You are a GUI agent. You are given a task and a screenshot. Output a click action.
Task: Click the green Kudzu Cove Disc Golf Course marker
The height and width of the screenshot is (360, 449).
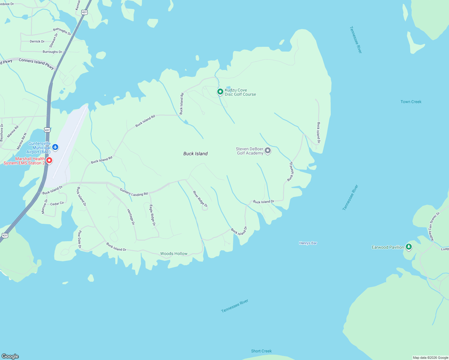click(x=220, y=91)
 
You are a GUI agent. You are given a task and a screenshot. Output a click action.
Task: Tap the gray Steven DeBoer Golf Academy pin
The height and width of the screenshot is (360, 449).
click(x=268, y=150)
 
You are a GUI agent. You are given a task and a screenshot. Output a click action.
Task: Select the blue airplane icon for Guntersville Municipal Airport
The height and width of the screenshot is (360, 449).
click(x=55, y=147)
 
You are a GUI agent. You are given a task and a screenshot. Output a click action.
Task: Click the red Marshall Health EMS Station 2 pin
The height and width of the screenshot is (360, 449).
click(x=49, y=160)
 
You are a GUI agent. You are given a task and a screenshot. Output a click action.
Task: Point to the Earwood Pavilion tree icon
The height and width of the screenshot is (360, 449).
click(x=408, y=247)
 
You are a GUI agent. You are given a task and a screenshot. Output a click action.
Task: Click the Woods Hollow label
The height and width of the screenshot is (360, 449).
click(x=174, y=253)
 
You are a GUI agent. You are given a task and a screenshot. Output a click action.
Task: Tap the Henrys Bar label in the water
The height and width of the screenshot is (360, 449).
click(x=308, y=243)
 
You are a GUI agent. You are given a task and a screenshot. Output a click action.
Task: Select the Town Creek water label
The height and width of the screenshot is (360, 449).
click(x=411, y=102)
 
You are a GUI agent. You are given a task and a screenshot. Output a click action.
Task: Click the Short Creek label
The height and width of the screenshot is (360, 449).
click(x=261, y=351)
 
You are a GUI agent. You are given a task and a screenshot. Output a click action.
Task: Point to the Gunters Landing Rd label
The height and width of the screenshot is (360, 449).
click(x=134, y=192)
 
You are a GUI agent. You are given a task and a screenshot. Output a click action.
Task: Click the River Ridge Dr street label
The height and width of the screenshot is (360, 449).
click(x=200, y=199)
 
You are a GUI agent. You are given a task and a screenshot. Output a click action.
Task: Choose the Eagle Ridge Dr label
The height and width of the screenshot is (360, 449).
click(x=152, y=215)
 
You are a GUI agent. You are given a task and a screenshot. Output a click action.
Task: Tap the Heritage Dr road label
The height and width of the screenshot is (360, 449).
click(x=131, y=217)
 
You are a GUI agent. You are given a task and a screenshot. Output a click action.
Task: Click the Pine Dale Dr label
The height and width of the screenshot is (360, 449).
click(x=80, y=239)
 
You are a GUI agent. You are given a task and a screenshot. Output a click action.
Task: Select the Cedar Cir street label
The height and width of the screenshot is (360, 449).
click(x=57, y=204)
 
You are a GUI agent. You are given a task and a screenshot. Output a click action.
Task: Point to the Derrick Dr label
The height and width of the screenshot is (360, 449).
click(x=37, y=41)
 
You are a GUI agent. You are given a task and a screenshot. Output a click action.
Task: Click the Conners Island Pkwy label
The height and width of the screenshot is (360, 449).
click(x=36, y=63)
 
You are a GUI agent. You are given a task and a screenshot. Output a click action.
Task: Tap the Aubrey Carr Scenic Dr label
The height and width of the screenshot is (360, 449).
click(x=434, y=226)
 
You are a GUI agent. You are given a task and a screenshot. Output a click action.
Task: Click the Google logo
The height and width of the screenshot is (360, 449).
click(x=10, y=356)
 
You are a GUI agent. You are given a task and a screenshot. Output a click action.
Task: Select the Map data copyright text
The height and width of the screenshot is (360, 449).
click(x=430, y=358)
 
